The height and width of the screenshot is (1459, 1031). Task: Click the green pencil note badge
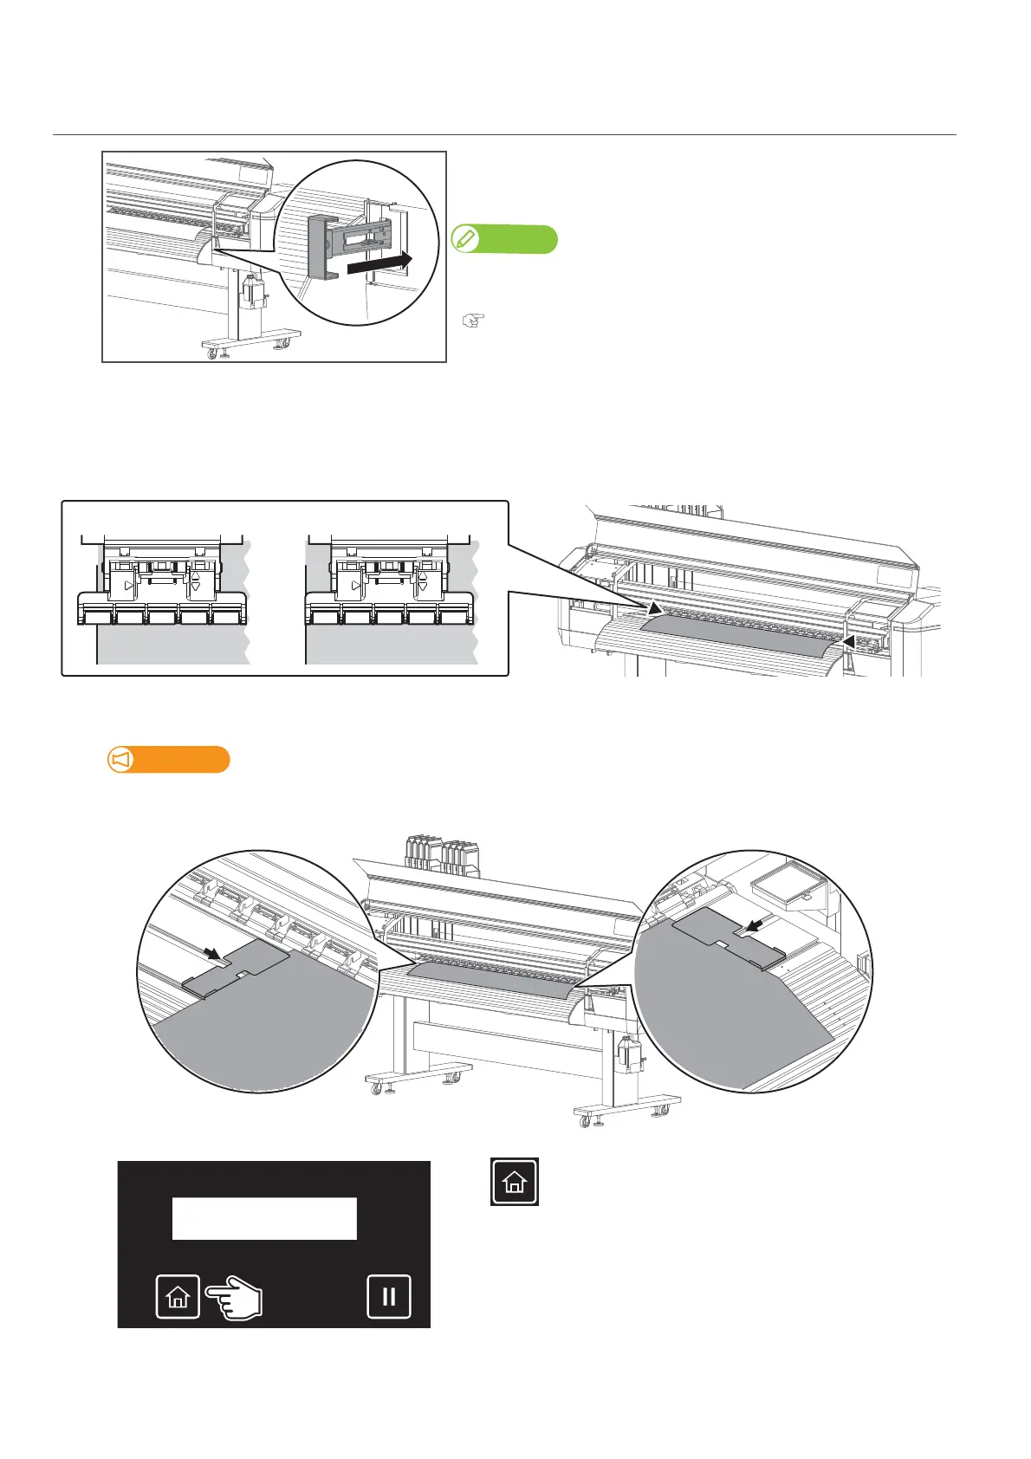pyautogui.click(x=504, y=238)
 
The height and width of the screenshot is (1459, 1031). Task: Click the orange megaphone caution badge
pyautogui.click(x=168, y=759)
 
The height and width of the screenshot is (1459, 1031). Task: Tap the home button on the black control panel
pyautogui.click(x=178, y=1296)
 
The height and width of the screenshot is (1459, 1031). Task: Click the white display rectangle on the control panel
pyautogui.click(x=264, y=1218)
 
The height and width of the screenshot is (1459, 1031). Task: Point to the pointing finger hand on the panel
pyautogui.click(x=235, y=1298)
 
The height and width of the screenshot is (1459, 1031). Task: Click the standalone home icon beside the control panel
pyautogui.click(x=515, y=1181)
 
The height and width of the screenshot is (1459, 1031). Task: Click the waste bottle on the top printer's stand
pyautogui.click(x=252, y=291)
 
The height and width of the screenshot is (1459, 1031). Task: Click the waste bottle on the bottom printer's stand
pyautogui.click(x=627, y=1054)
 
